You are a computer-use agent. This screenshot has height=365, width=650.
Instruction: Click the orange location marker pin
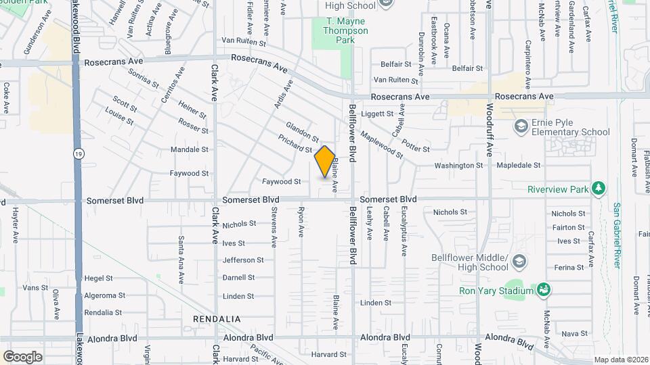[x=325, y=162]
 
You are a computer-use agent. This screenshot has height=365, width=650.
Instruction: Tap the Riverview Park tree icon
[x=598, y=189]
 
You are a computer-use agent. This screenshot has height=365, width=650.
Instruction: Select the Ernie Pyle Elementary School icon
[x=521, y=126]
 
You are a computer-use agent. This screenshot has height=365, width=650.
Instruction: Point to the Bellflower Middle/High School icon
[x=519, y=262]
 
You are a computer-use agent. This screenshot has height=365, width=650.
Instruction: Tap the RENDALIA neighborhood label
[x=217, y=318]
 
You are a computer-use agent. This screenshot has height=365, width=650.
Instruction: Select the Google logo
[x=22, y=356]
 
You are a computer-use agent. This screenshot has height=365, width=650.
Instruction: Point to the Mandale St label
[x=189, y=149]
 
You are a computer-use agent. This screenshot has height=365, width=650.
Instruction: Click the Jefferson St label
[x=243, y=260]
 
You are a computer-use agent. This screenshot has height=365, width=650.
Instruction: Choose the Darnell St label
[x=238, y=278]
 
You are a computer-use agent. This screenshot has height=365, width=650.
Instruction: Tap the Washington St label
[x=458, y=165]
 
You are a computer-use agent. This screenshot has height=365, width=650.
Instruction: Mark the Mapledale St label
[x=519, y=165]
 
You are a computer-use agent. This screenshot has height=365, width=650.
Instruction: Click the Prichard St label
[x=295, y=143]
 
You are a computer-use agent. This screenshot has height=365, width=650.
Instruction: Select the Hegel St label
[x=98, y=278]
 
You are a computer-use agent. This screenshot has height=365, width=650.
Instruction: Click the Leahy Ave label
[x=370, y=224]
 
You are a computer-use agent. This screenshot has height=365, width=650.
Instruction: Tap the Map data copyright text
[x=621, y=359]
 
